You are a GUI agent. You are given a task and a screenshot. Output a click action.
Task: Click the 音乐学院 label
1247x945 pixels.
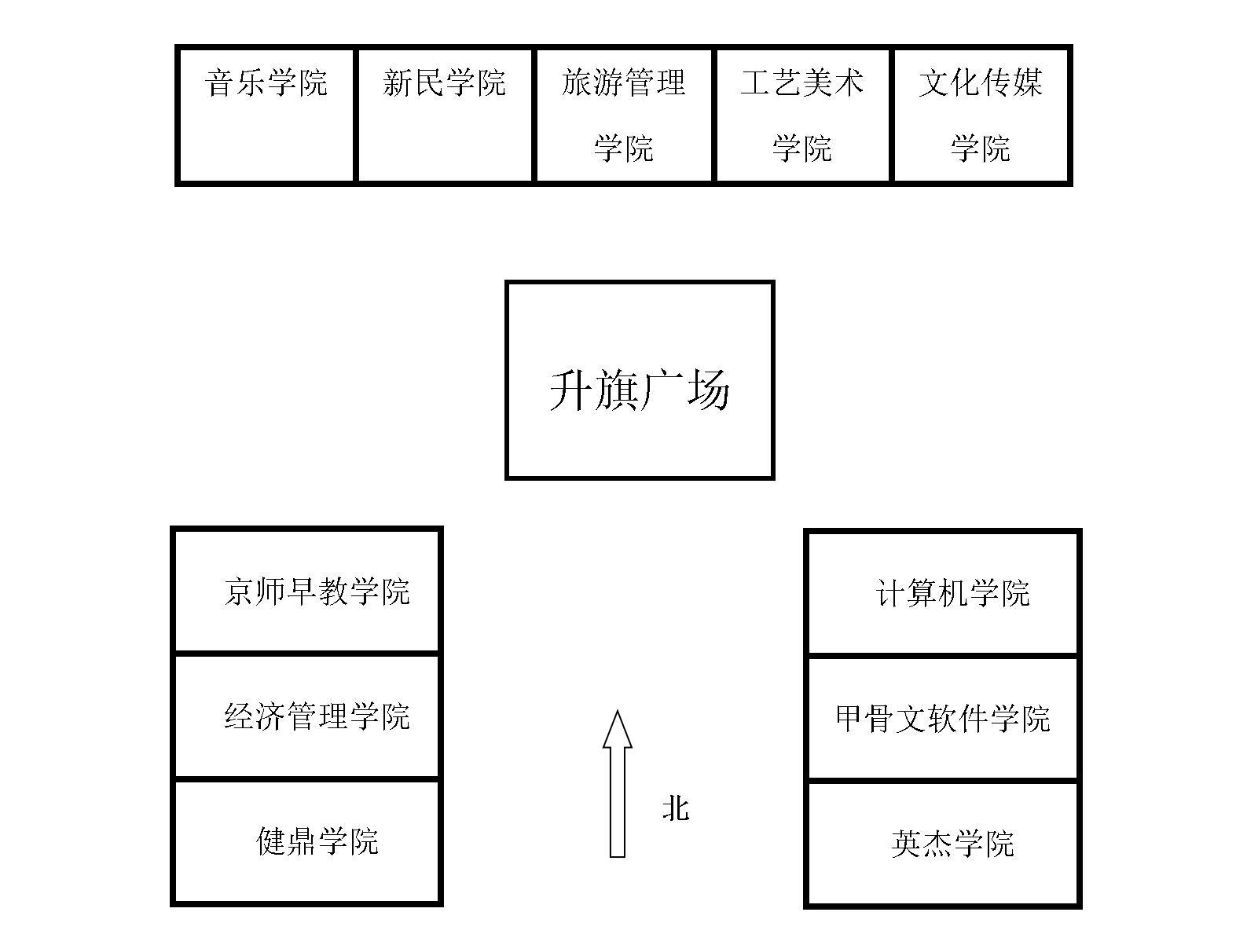click(266, 82)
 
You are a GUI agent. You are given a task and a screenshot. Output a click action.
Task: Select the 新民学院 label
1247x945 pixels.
click(444, 82)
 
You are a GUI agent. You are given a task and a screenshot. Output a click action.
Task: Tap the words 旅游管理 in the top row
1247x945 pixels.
click(624, 82)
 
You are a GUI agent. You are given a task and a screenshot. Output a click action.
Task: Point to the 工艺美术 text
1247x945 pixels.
click(801, 82)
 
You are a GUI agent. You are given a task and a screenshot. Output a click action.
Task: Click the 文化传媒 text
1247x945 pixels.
click(981, 82)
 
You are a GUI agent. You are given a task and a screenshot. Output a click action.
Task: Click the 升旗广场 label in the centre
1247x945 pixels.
click(640, 389)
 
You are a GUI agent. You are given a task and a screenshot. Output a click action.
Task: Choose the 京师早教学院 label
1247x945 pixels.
click(317, 591)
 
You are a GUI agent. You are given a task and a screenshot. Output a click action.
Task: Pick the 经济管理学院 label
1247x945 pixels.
click(317, 716)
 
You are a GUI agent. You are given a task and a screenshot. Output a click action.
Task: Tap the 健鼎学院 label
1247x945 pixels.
click(317, 841)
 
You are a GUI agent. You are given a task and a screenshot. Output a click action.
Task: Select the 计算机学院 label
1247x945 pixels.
click(952, 593)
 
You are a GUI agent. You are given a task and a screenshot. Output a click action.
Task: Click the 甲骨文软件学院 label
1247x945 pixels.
click(943, 718)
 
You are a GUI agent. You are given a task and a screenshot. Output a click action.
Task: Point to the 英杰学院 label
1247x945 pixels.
click(953, 843)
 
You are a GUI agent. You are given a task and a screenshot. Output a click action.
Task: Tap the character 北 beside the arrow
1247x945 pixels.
click(676, 808)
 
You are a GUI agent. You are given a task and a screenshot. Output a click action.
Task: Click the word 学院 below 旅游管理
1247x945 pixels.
click(624, 148)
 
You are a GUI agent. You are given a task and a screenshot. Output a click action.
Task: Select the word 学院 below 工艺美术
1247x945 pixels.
click(801, 148)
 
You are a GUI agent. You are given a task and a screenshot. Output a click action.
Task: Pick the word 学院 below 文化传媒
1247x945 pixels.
click(981, 148)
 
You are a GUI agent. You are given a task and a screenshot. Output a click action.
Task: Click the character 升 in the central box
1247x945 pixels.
click(571, 390)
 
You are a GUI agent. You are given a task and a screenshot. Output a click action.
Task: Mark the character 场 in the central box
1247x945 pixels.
click(708, 390)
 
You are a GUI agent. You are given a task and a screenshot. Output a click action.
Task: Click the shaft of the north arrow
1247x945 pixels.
click(618, 809)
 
